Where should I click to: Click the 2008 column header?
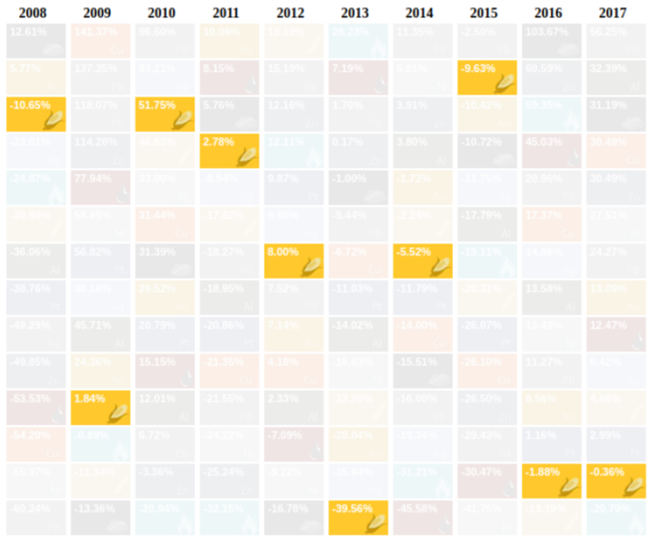pyautogui.click(x=36, y=12)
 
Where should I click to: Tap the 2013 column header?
pyautogui.click(x=358, y=12)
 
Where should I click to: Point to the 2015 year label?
pyautogui.click(x=487, y=12)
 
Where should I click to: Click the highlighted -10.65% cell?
pyautogui.click(x=36, y=114)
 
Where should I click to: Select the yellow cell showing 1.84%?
pyautogui.click(x=100, y=407)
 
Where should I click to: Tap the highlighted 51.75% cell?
pyautogui.click(x=165, y=114)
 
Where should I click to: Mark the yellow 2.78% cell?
pyautogui.click(x=229, y=150)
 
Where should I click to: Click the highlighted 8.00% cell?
pyautogui.click(x=293, y=260)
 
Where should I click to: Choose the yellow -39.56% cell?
pyautogui.click(x=358, y=518)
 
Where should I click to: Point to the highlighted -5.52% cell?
pyautogui.click(x=423, y=260)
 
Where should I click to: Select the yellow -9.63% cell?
pyautogui.click(x=487, y=77)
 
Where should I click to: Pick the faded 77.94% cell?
pyautogui.click(x=100, y=187)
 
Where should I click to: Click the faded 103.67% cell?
pyautogui.click(x=551, y=40)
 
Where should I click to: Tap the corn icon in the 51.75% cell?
pyautogui.click(x=183, y=121)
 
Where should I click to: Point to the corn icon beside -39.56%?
pyautogui.click(x=377, y=524)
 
